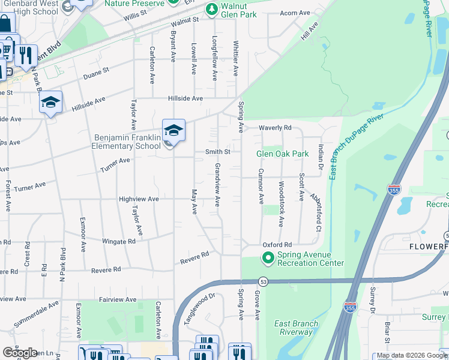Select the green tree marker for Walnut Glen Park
(x=211, y=10)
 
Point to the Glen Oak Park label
(x=282, y=154)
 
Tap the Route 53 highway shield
(x=262, y=281)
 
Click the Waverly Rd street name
(x=275, y=128)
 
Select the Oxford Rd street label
(x=277, y=245)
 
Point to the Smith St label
(x=218, y=152)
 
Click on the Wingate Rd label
(x=119, y=241)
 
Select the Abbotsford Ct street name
(x=316, y=212)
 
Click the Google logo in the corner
(x=20, y=353)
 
